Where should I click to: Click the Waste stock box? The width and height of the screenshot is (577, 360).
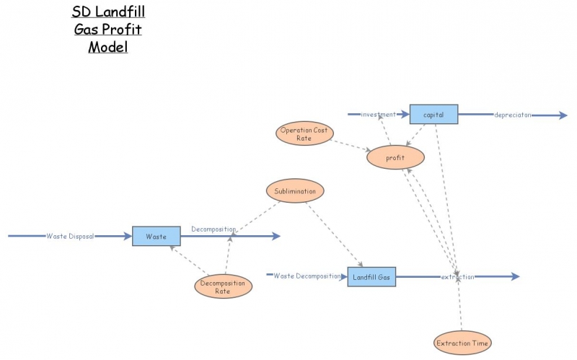point(156,236)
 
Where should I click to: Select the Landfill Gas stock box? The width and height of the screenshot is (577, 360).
point(371,277)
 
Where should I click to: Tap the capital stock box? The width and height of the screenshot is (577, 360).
point(433,114)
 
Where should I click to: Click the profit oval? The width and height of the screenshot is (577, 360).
point(395,157)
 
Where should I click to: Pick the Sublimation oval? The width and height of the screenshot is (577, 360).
point(295,191)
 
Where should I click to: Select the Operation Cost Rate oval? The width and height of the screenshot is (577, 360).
point(304,133)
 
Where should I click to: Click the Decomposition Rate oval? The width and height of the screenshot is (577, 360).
point(224,286)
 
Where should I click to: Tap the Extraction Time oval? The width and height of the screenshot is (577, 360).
point(462,343)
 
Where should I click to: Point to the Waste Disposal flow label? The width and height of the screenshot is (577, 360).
point(70,236)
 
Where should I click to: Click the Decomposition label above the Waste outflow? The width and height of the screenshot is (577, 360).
point(213,229)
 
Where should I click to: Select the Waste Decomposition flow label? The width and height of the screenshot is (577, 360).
point(307,276)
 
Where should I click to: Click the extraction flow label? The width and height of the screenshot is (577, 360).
point(458,276)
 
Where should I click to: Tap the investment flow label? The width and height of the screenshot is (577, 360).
point(379,114)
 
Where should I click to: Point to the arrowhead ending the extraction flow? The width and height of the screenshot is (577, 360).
point(514,276)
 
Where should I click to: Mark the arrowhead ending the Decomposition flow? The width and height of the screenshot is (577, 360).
point(275,236)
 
